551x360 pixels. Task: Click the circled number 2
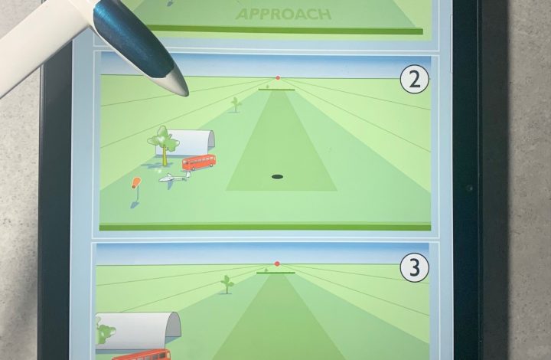[x=415, y=80]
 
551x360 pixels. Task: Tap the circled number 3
[x=415, y=267]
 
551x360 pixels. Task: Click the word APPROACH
[x=284, y=15]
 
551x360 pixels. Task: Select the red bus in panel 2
[x=199, y=162]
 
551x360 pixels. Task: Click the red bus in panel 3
[x=142, y=355]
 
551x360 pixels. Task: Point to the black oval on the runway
[x=278, y=176]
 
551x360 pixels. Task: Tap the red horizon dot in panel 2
[x=278, y=77]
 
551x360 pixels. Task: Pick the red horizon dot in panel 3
[x=277, y=263]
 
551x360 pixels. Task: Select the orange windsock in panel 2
[x=136, y=183]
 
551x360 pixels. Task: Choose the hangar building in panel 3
[x=139, y=330]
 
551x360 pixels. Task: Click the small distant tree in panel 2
[x=236, y=104]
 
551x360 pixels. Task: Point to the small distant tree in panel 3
[x=227, y=284]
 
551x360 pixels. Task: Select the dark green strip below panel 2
[x=266, y=227]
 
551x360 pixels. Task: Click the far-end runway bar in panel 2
[x=276, y=90]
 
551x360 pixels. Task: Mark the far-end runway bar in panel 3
[x=275, y=273]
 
